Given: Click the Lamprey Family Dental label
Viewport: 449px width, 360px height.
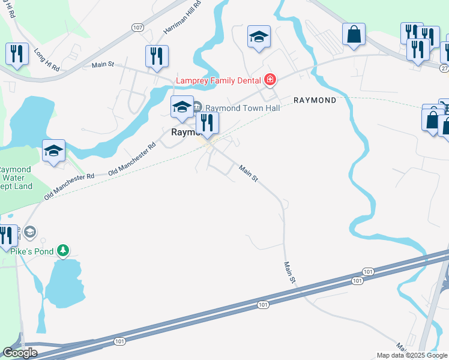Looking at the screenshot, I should click(218, 80).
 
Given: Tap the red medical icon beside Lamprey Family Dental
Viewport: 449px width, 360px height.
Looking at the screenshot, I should click(270, 80).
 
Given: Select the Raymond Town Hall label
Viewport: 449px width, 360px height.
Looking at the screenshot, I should click(235, 108).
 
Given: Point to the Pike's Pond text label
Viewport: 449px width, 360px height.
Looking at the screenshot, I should click(32, 251).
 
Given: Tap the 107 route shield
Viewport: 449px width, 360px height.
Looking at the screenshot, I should click(138, 28).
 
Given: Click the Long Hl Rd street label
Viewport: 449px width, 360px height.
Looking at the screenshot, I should click(46, 59).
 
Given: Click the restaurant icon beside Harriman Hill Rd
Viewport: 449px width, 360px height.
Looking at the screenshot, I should click(157, 56).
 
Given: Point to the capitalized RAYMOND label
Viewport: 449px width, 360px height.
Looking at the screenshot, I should click(315, 100).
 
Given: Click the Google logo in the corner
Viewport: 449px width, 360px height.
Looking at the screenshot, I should click(20, 353).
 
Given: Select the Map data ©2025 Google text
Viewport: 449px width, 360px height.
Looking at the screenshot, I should click(412, 355).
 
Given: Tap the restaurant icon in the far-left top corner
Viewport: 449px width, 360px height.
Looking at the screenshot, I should click(17, 55).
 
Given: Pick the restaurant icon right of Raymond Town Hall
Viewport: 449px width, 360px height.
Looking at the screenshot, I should click(207, 123).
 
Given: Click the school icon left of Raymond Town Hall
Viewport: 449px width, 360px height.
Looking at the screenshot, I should click(182, 107).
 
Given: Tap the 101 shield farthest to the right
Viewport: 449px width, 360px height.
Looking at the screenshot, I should click(369, 272).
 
